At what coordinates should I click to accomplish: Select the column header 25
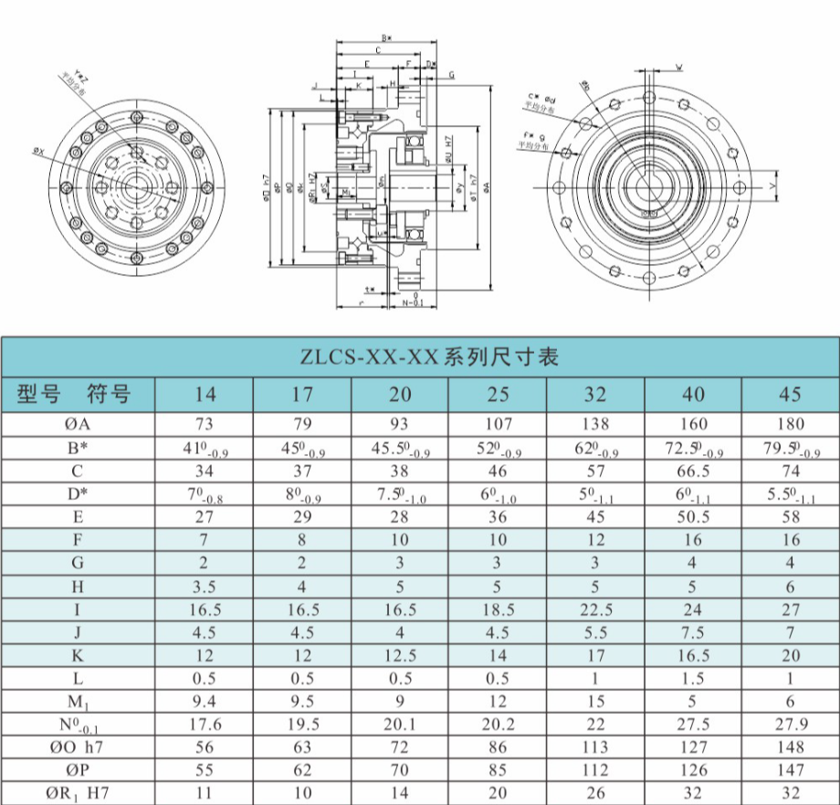click(x=497, y=395)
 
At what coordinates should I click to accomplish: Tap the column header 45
click(x=790, y=395)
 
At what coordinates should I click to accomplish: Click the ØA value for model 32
click(x=594, y=424)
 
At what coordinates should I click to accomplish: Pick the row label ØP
click(x=78, y=769)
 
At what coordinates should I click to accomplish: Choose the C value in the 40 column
click(x=693, y=471)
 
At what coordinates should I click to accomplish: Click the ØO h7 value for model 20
click(x=399, y=747)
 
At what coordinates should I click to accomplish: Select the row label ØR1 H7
click(x=78, y=793)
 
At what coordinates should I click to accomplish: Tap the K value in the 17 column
click(x=301, y=655)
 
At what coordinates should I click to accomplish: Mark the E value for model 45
click(x=790, y=516)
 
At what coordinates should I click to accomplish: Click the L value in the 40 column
click(x=693, y=678)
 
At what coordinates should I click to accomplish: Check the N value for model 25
click(x=497, y=724)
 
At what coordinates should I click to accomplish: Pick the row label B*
click(x=78, y=448)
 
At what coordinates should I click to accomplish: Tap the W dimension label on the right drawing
click(x=678, y=67)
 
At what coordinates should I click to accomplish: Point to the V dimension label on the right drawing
click(x=773, y=186)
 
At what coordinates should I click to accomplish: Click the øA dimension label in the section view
click(x=487, y=186)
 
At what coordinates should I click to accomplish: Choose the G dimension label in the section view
click(x=450, y=75)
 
